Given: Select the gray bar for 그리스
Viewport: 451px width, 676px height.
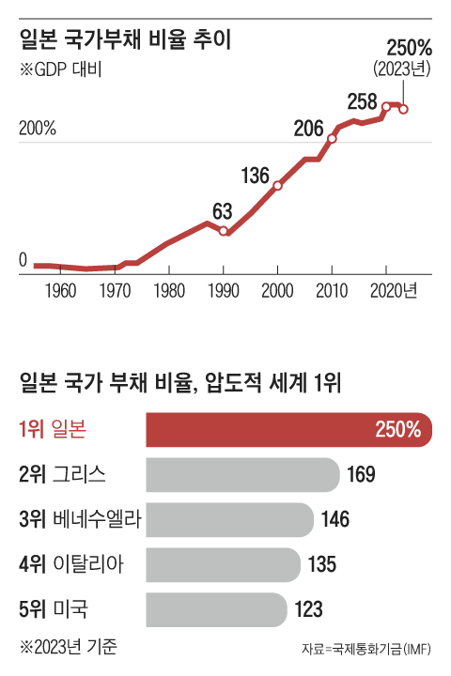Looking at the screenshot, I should click(x=242, y=474).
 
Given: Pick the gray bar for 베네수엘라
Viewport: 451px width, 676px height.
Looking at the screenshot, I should click(x=230, y=519).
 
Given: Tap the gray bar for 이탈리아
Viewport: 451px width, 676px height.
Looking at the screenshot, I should click(x=224, y=564).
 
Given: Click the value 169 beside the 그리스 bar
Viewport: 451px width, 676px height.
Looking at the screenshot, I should click(x=362, y=474).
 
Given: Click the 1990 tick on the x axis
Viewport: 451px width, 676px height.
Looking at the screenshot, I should click(x=223, y=290).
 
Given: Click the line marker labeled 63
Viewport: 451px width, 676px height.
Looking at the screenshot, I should click(x=224, y=230).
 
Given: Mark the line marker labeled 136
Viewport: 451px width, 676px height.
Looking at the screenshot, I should click(x=277, y=186).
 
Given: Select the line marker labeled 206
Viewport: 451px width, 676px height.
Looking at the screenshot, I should click(x=332, y=139).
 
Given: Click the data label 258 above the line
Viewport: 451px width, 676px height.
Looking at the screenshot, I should click(x=362, y=100).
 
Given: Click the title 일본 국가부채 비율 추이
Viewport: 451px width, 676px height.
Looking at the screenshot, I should click(x=125, y=40).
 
